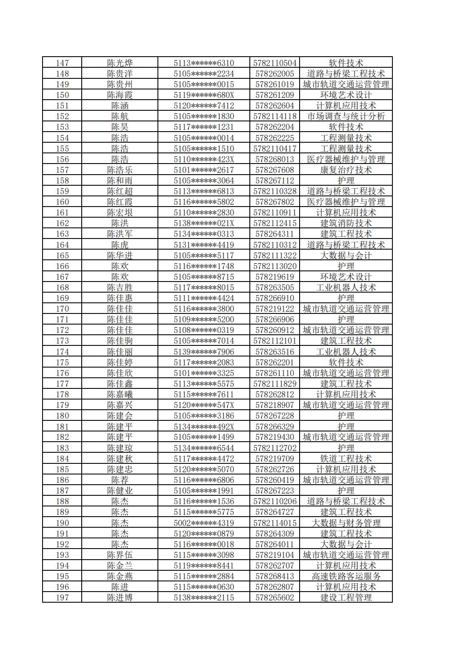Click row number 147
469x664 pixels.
(x=62, y=63)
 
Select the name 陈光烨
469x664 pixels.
(x=120, y=63)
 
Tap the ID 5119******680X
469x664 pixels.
(x=203, y=95)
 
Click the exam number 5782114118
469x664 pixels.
(x=275, y=116)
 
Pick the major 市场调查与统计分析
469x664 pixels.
(x=346, y=116)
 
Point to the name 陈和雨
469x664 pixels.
(x=120, y=181)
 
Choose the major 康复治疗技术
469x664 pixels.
(x=346, y=170)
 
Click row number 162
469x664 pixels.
(x=62, y=223)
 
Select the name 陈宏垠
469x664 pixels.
(x=120, y=213)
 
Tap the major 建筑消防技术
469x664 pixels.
(x=346, y=223)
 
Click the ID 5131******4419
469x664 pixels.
(x=203, y=245)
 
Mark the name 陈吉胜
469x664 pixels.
(x=120, y=287)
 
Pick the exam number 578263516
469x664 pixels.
(x=275, y=352)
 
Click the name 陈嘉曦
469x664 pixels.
(x=120, y=394)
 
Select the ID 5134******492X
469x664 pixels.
(x=203, y=426)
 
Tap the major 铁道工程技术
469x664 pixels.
(x=346, y=459)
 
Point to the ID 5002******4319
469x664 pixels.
(x=203, y=523)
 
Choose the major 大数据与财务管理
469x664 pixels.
(x=346, y=523)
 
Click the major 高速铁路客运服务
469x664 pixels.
(x=346, y=576)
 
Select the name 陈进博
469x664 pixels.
(x=120, y=598)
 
